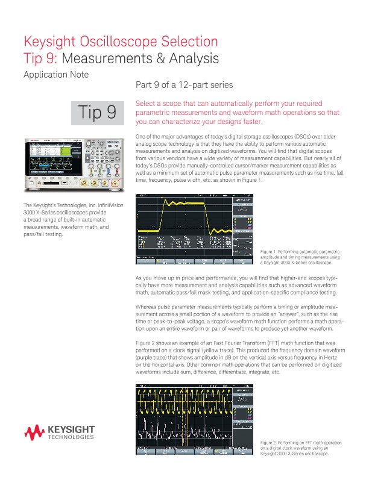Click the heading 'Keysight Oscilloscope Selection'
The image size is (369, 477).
point(120,42)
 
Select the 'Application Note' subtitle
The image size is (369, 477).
point(55,75)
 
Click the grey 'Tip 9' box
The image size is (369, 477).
point(98,113)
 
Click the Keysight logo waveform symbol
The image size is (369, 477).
point(33,432)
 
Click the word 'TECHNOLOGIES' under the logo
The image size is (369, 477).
point(71,437)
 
